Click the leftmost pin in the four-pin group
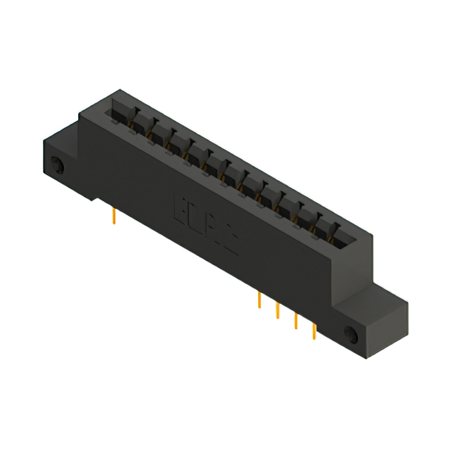[x=260, y=301]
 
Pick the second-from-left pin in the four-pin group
[x=278, y=310]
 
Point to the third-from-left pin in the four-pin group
[x=295, y=321]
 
